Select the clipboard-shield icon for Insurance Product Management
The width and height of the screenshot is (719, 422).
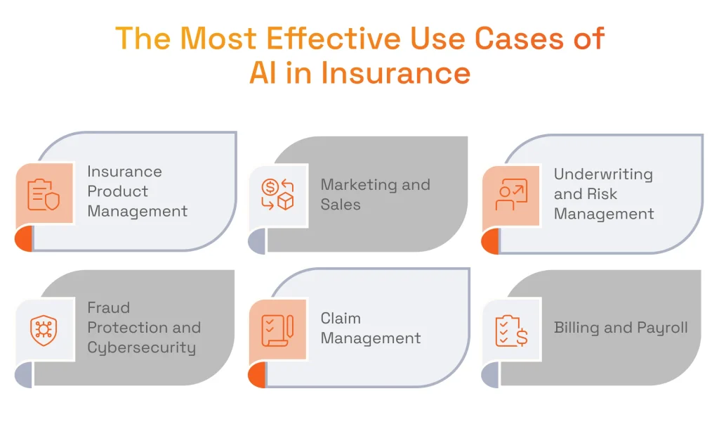click(x=44, y=194)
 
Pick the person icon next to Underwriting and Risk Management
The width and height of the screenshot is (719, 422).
click(x=511, y=196)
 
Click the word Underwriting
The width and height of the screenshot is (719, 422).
click(x=602, y=174)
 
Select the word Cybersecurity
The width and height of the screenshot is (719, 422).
click(x=141, y=347)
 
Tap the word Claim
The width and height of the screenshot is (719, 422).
click(x=341, y=318)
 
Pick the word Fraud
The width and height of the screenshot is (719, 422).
click(x=108, y=308)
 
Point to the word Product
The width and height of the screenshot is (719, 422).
click(x=117, y=191)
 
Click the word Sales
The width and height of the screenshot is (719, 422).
click(x=341, y=205)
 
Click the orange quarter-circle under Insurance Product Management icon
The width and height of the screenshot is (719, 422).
click(x=25, y=239)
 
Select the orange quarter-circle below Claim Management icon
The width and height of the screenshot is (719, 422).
click(x=258, y=375)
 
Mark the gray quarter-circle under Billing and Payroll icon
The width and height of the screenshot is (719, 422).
click(x=492, y=375)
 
